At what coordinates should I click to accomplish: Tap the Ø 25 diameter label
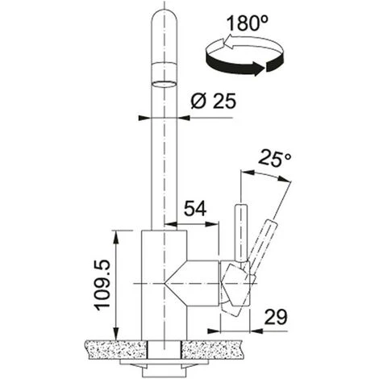pos(214,101)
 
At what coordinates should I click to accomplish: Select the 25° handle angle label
pos(275,160)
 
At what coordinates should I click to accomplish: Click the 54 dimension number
pos(195,209)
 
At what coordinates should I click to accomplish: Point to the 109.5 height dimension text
pos(103,285)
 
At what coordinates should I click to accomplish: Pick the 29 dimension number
pos(276,317)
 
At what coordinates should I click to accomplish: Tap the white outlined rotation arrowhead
pos(227,42)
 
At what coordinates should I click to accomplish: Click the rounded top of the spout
pos(164,19)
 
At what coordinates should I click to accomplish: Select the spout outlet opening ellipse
pos(164,84)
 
